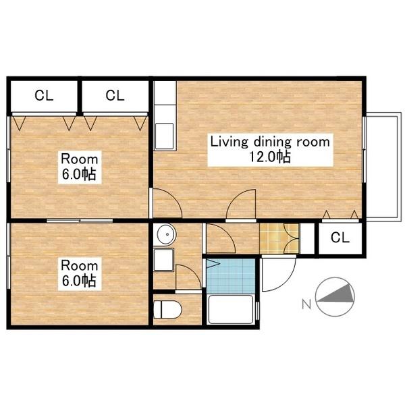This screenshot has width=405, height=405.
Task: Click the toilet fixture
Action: point(167,309)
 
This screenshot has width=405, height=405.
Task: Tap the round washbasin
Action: point(167,234)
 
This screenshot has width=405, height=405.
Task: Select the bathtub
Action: point(231,309)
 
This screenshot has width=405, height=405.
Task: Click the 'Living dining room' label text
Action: point(270,142)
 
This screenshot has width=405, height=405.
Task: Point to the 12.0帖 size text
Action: point(270,157)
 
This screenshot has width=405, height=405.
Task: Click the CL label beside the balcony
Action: point(340,238)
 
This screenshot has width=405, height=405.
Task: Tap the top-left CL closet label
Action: point(44,96)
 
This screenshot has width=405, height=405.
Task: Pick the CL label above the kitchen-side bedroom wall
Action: point(115,96)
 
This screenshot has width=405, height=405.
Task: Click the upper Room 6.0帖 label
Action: point(80,167)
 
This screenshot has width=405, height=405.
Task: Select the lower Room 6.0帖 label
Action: point(80,274)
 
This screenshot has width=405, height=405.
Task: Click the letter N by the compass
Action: point(306,305)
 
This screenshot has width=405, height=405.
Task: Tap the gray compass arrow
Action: point(335,294)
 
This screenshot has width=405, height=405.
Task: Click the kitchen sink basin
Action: point(164,136)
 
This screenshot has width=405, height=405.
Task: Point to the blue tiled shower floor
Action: point(231,276)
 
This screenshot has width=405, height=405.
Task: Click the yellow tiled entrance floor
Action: point(279,239)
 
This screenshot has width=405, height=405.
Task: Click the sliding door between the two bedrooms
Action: point(80,221)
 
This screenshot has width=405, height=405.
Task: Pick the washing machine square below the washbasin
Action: point(163,259)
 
